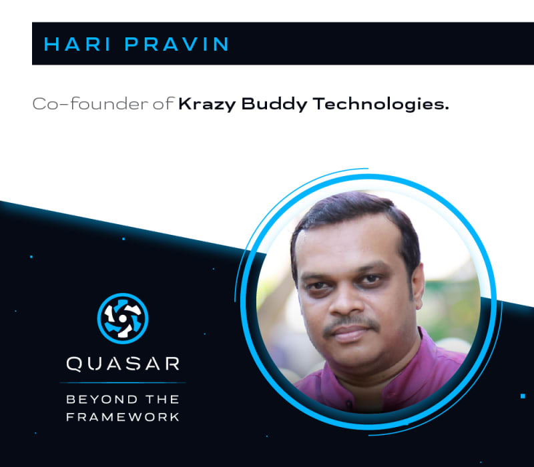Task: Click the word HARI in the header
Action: (77, 44)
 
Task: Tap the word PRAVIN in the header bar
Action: (177, 44)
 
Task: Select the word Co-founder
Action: (90, 103)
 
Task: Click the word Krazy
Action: (207, 104)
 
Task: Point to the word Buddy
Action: (274, 104)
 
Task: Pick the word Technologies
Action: (380, 104)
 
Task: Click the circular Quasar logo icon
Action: (123, 318)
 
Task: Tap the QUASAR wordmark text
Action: (123, 364)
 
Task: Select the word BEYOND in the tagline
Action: (102, 399)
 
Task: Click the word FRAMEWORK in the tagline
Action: (123, 417)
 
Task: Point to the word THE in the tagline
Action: (162, 399)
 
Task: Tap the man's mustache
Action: (352, 324)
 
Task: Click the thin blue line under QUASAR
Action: (123, 383)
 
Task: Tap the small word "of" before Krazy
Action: (163, 103)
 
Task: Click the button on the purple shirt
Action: (349, 404)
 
